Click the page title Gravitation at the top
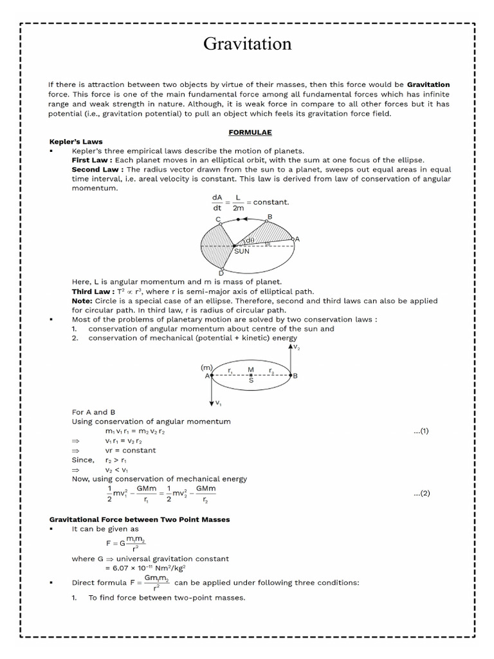click(247, 44)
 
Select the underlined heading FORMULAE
click(250, 132)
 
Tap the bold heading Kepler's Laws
click(76, 142)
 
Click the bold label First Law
click(92, 160)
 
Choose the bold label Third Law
click(92, 292)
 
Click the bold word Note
click(82, 301)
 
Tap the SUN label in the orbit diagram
click(241, 252)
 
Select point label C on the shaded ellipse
click(218, 220)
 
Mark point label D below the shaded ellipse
click(221, 273)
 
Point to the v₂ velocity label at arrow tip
click(297, 347)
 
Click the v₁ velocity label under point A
click(219, 403)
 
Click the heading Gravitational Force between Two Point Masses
click(140, 519)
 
